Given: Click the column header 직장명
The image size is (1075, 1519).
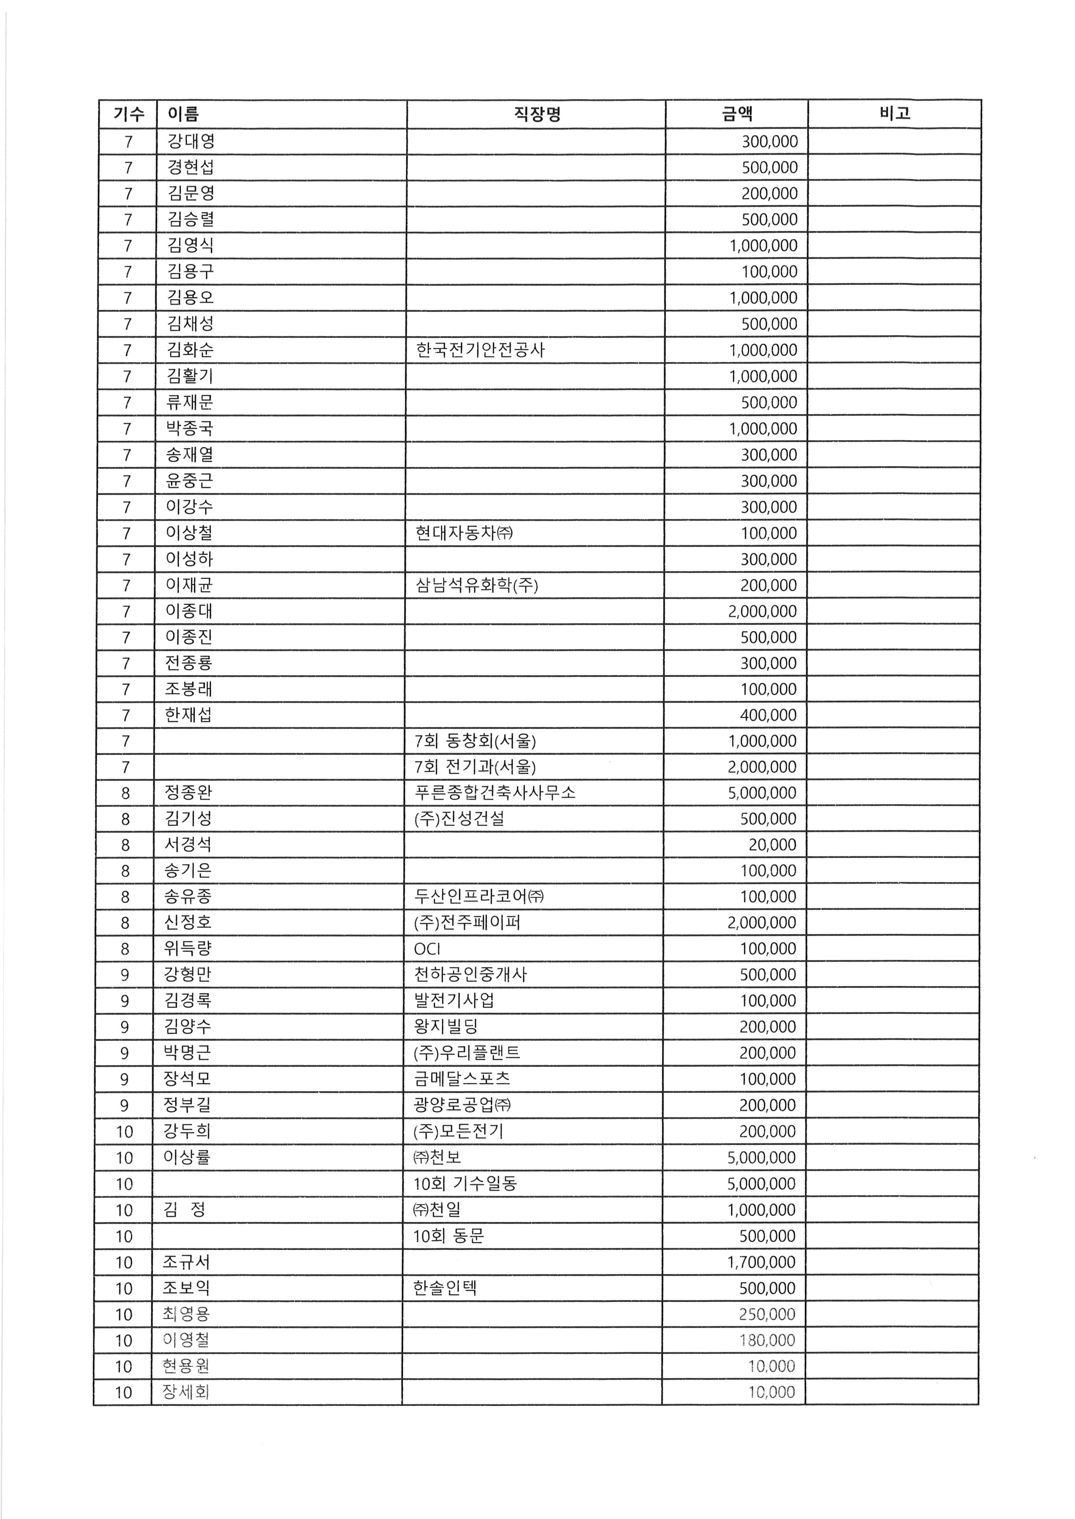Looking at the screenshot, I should [x=537, y=114].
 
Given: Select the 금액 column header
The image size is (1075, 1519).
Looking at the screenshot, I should [x=737, y=114].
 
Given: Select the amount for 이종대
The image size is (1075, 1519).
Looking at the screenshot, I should [x=762, y=611].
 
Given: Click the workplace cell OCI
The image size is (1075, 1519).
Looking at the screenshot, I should [x=427, y=949].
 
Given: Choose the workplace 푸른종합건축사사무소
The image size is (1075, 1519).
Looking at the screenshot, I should [x=495, y=793].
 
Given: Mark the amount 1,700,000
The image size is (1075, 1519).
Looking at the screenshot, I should [x=761, y=1262].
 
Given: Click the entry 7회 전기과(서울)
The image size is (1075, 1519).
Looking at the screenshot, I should [x=475, y=767].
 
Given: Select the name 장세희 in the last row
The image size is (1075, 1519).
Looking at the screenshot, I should [x=186, y=1392].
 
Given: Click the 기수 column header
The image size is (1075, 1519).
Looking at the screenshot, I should [x=128, y=114].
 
